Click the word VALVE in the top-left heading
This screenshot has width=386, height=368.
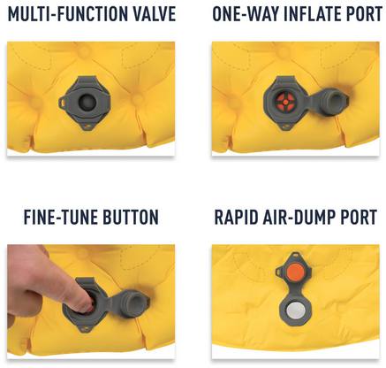tap(152, 14)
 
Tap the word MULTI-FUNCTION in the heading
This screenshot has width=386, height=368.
tap(65, 14)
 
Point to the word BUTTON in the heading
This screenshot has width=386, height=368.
tap(129, 218)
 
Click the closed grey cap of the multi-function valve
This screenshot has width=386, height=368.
tap(87, 103)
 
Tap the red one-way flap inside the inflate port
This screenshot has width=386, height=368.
tap(285, 103)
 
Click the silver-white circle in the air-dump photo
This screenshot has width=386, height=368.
tap(295, 311)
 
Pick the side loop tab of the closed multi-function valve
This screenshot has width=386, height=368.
tap(63, 102)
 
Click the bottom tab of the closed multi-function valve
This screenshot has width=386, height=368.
tap(87, 126)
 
